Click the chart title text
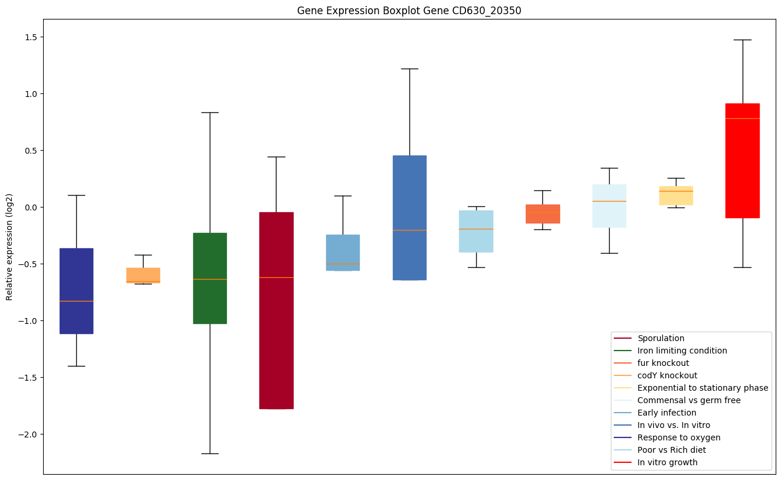409,11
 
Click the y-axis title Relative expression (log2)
9,246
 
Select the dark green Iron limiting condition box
210,278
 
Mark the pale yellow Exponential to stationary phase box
676,196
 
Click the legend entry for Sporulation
660,339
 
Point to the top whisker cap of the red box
742,40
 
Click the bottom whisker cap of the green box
210,453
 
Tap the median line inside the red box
742,118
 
